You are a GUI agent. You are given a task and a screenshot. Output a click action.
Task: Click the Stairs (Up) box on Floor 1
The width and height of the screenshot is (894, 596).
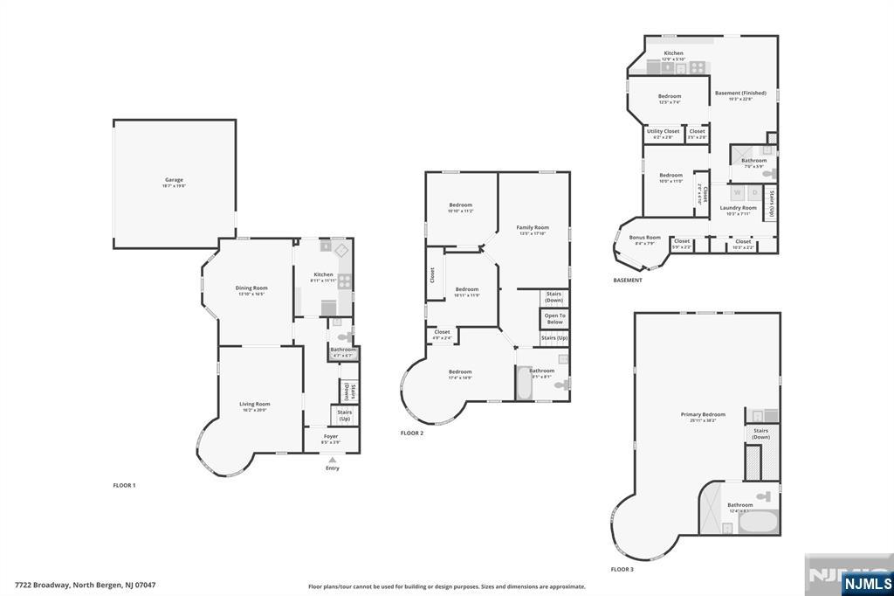click(x=344, y=415)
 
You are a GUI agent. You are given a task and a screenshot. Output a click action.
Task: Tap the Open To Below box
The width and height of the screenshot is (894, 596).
click(x=554, y=318)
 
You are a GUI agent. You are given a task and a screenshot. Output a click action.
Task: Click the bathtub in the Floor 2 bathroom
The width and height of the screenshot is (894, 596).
click(x=524, y=384)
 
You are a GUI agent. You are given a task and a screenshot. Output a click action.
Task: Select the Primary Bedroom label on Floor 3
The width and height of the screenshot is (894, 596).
click(x=703, y=417)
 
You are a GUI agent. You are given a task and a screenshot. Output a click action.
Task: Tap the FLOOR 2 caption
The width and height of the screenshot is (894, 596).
click(x=412, y=433)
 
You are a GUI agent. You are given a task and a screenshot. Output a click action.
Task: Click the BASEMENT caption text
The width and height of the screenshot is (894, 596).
click(x=628, y=281)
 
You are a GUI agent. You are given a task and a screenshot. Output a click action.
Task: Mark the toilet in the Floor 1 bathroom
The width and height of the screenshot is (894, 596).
click(x=345, y=336)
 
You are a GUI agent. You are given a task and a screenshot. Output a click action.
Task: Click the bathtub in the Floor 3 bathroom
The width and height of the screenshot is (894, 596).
click(x=758, y=523)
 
